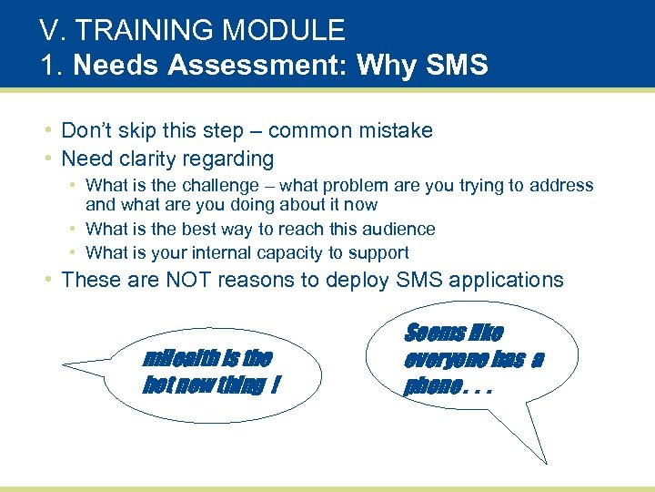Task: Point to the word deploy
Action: (358, 281)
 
